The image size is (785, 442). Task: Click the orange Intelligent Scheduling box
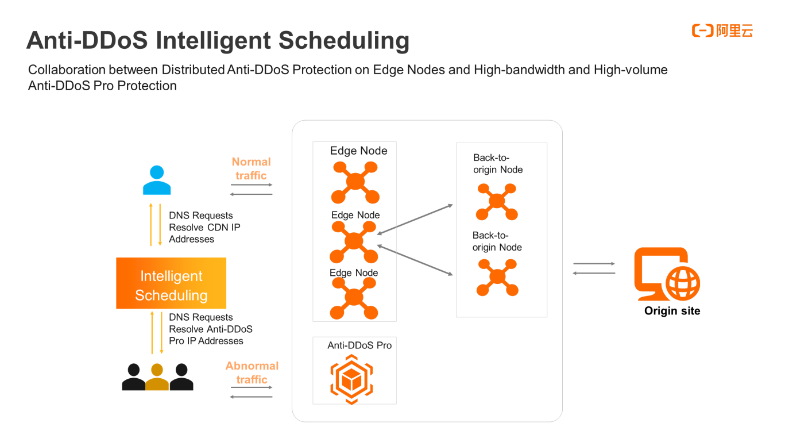(171, 283)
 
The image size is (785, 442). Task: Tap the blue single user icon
(156, 180)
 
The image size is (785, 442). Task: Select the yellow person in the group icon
(157, 378)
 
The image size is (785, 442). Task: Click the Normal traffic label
(251, 169)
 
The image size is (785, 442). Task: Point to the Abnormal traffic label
(252, 372)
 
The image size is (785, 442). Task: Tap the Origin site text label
(672, 311)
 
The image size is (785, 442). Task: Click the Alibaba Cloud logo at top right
(722, 31)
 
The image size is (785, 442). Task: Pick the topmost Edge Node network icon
(355, 182)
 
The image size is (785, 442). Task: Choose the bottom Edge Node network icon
(354, 298)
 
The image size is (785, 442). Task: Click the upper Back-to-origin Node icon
(497, 202)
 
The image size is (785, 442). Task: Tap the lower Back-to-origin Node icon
(497, 278)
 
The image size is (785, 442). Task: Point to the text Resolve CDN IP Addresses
(204, 233)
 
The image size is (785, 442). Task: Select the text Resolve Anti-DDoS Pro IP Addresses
(210, 335)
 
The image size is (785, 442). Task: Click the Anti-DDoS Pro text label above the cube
(359, 345)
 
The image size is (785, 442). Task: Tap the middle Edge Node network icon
(354, 241)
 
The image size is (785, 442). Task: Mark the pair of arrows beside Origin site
(594, 268)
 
